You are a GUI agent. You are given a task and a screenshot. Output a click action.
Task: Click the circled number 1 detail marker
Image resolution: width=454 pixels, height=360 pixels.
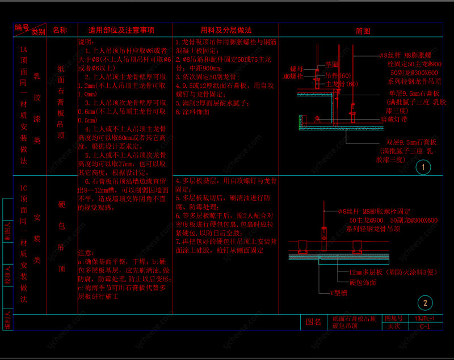423,167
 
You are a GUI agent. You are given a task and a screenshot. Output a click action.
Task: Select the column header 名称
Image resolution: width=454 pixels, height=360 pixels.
60,30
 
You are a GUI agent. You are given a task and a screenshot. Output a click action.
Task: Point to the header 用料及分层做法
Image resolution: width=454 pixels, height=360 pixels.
226,30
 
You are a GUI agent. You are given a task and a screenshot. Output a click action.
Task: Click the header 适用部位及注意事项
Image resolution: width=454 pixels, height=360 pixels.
121,30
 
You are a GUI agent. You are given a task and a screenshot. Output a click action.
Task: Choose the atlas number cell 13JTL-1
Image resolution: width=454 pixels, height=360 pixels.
425,319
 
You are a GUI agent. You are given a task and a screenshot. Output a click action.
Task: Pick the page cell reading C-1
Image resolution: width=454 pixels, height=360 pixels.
425,327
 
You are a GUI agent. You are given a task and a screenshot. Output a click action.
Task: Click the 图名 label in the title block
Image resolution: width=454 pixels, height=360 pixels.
313,322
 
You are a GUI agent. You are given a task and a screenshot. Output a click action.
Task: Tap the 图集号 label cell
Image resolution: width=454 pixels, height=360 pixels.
394,319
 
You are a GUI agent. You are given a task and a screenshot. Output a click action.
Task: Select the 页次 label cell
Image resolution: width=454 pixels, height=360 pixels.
394,327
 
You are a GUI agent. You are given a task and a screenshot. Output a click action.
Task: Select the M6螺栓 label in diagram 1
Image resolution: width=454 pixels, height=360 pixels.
293,75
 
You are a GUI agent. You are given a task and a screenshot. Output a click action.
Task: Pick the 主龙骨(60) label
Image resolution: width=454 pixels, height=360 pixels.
342,84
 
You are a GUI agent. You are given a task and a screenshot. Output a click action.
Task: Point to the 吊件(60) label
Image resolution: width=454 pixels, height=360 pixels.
339,75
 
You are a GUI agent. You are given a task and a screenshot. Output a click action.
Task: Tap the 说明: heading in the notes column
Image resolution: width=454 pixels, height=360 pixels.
87,43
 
